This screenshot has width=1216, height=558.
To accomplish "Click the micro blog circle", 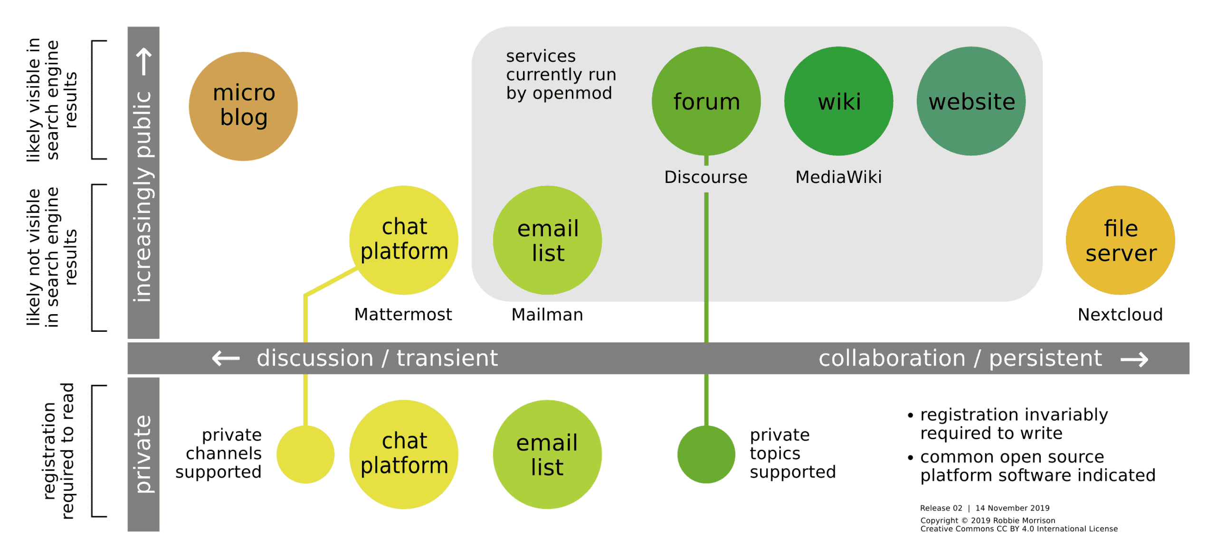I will click(x=243, y=106).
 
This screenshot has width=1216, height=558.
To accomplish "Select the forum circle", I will click(x=706, y=101).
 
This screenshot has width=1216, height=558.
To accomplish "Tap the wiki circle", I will click(x=838, y=101).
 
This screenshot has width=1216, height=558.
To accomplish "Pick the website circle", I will click(x=971, y=101).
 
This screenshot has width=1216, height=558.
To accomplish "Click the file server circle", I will click(x=1120, y=240).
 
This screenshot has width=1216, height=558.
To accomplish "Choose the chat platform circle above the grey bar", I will click(x=404, y=240).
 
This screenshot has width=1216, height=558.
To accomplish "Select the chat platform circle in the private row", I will click(x=404, y=454).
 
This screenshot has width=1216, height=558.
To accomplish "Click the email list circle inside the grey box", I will click(x=547, y=240).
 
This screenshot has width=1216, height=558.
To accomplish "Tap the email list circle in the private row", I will click(x=547, y=454).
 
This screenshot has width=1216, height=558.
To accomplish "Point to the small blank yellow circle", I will click(x=305, y=454).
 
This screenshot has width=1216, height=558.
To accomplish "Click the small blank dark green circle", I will click(x=706, y=454).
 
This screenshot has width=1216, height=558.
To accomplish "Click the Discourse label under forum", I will click(x=706, y=177).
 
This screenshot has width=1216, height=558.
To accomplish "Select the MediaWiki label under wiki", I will click(x=838, y=177).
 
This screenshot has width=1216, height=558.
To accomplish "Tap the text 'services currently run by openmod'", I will click(x=560, y=75).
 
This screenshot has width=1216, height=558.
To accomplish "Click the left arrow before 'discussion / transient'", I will click(x=226, y=358).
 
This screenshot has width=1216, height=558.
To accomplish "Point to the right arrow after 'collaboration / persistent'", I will click(x=1134, y=359).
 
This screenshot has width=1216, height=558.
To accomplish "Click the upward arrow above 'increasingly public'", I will click(x=144, y=62).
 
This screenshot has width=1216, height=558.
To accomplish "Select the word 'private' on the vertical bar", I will click(x=143, y=454).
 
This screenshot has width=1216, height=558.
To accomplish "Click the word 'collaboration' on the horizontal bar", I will click(x=892, y=358).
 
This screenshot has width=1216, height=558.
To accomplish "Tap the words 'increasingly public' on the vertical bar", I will click(x=143, y=196).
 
